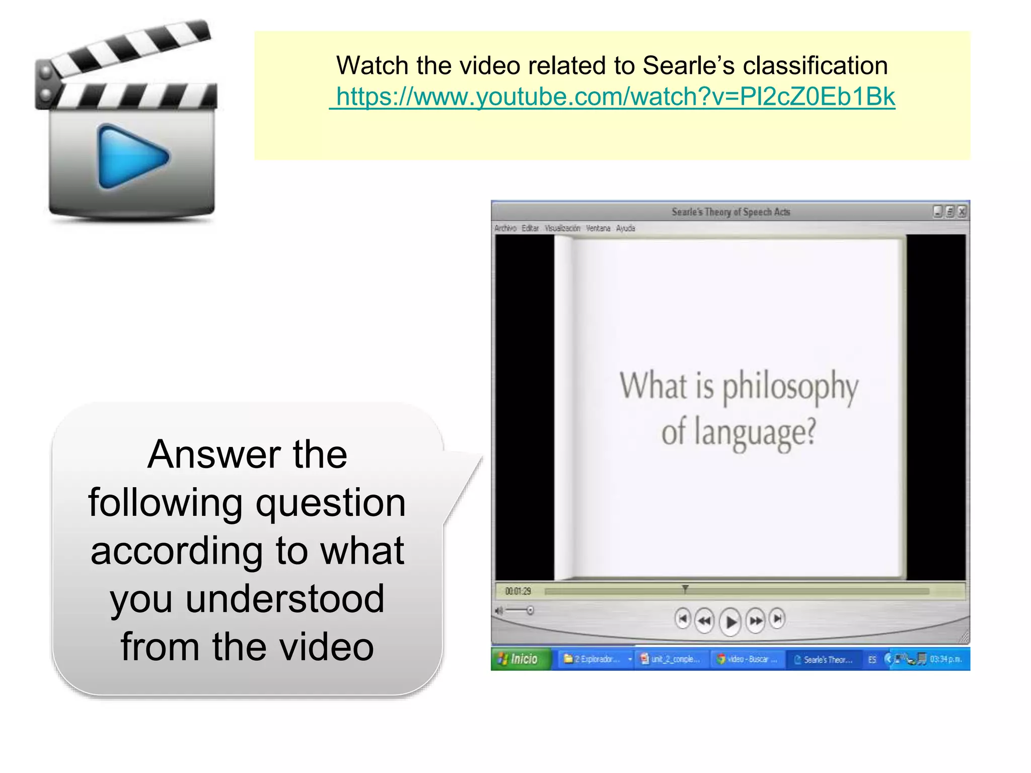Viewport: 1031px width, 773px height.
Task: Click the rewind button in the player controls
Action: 704,621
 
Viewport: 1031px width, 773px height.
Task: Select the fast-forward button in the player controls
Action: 756,621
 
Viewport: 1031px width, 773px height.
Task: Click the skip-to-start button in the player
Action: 682,619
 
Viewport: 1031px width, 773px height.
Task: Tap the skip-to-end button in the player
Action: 778,619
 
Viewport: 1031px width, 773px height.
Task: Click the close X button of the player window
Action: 962,212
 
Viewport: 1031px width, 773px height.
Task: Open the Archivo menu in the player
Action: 505,228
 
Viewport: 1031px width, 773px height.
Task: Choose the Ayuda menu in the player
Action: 625,228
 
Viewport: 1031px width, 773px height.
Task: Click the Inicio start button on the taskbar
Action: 519,659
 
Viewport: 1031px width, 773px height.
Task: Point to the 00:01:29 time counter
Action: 518,591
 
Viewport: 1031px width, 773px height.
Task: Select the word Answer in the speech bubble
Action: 213,454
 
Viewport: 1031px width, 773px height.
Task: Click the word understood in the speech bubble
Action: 285,599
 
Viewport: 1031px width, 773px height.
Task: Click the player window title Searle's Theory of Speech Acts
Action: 730,212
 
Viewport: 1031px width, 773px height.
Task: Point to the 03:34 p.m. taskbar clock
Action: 945,659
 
